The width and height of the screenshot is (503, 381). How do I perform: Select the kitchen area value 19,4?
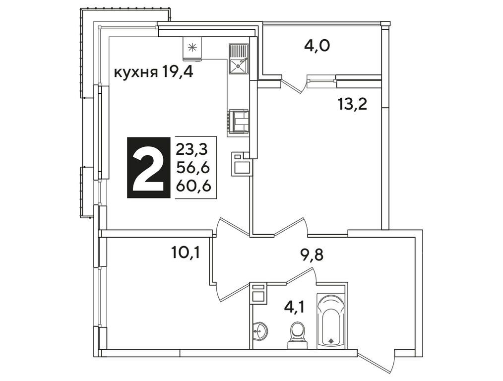[177, 73]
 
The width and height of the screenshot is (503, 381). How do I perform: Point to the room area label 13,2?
[352, 105]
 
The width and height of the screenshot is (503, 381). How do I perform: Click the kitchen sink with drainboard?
[238, 59]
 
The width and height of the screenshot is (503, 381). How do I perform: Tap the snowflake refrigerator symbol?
[192, 48]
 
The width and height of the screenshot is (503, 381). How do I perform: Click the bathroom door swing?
[301, 276]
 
